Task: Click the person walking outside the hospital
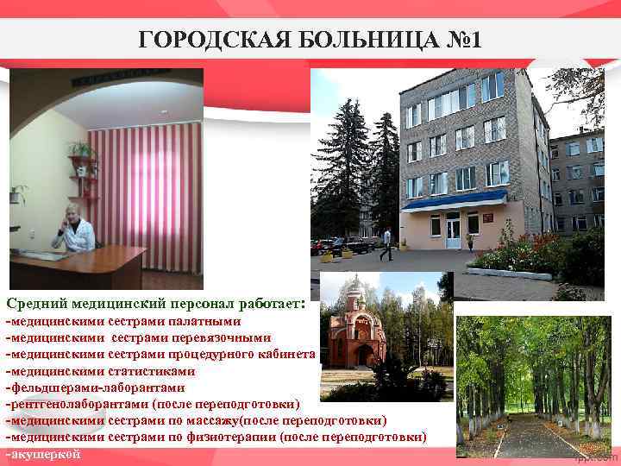(386, 243)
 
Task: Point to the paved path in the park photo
(525, 437)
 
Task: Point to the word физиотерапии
(240, 437)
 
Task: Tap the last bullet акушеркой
(45, 454)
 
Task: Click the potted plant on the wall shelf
(82, 152)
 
